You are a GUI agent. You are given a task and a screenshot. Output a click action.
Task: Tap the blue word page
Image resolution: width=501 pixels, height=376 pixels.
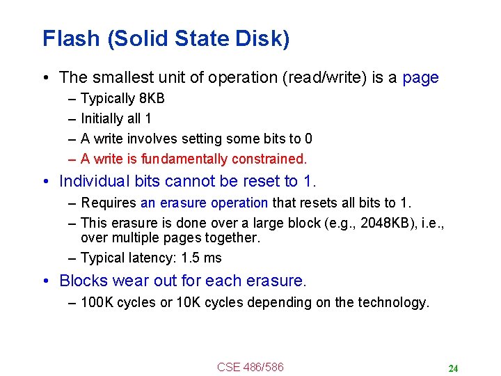tap(420, 78)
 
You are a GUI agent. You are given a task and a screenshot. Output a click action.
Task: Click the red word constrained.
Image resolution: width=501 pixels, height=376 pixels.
tap(269, 159)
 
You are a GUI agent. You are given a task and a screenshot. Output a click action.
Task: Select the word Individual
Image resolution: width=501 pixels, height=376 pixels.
tap(95, 182)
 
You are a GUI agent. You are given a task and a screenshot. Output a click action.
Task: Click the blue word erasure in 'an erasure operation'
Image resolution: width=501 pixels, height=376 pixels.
tap(179, 203)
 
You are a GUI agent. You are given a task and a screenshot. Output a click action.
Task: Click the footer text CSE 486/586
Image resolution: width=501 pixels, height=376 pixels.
tap(250, 367)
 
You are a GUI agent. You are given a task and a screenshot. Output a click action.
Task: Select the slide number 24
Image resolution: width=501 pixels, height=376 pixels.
tap(453, 368)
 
